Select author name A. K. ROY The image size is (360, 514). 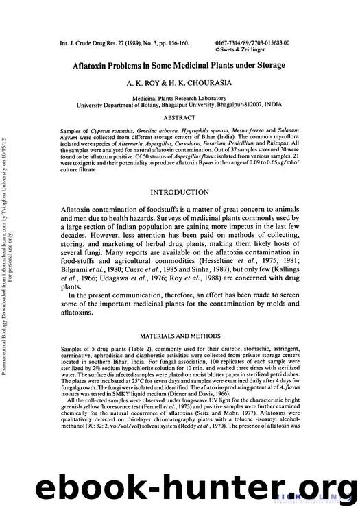point(141,82)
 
